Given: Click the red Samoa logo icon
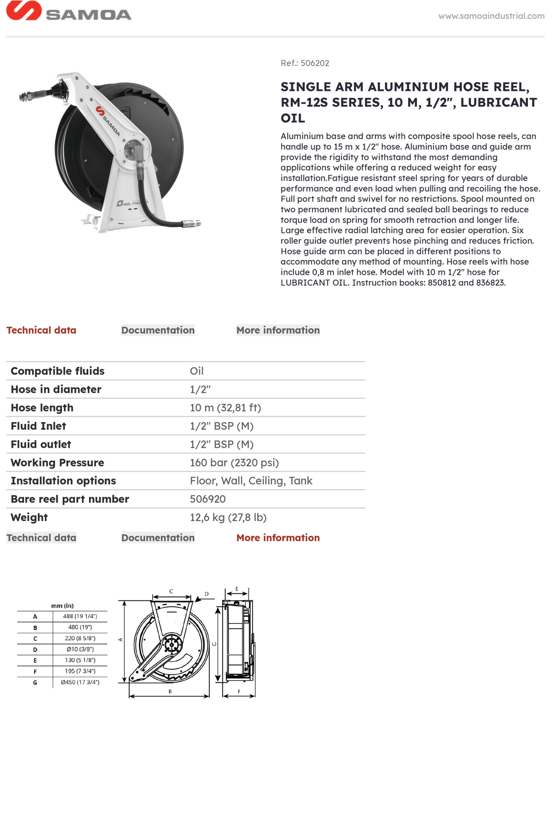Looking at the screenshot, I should (x=23, y=10).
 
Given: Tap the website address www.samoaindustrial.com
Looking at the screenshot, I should (x=491, y=16).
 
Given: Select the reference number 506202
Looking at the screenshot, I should (x=315, y=63).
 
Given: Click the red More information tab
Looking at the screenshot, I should (x=278, y=538).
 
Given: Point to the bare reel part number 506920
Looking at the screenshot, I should (x=208, y=499).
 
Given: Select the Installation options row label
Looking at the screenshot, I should (x=63, y=481).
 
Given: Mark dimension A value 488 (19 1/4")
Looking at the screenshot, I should (x=80, y=616).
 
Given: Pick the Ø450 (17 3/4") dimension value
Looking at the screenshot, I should (x=80, y=682).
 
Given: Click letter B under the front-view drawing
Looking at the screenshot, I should (x=170, y=691).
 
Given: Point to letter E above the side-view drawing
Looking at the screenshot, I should (x=237, y=589).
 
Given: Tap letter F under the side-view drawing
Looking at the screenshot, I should (x=239, y=691).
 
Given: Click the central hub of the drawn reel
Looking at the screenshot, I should (x=171, y=645).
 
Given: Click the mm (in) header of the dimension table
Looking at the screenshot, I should (x=62, y=605).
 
